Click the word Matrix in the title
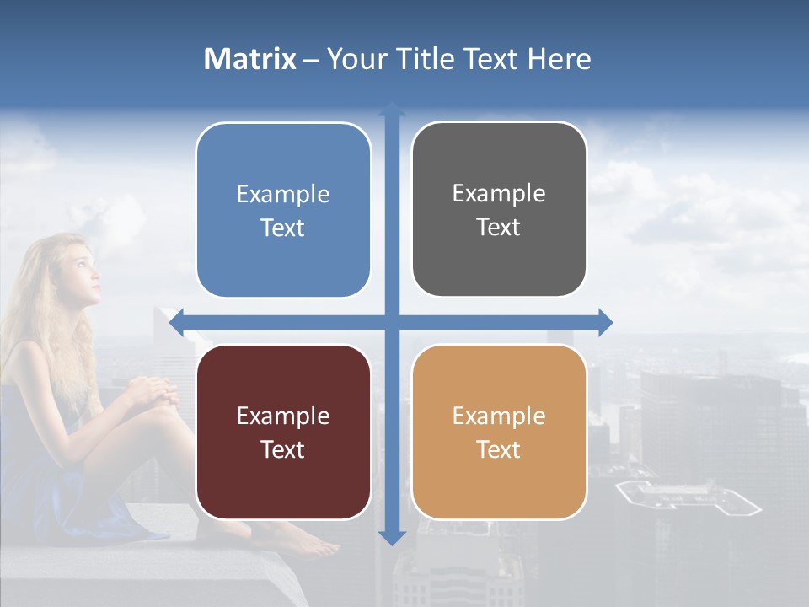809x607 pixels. point(249,59)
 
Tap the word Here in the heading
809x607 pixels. point(559,59)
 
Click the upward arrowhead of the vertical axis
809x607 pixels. point(391,110)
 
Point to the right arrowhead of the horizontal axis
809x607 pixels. point(604,322)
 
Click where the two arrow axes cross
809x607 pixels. point(391,322)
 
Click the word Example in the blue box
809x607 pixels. point(283,195)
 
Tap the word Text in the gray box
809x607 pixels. point(499,228)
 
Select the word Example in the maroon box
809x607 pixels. point(283,416)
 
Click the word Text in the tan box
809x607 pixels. point(499,449)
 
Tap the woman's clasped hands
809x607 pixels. point(153,390)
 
